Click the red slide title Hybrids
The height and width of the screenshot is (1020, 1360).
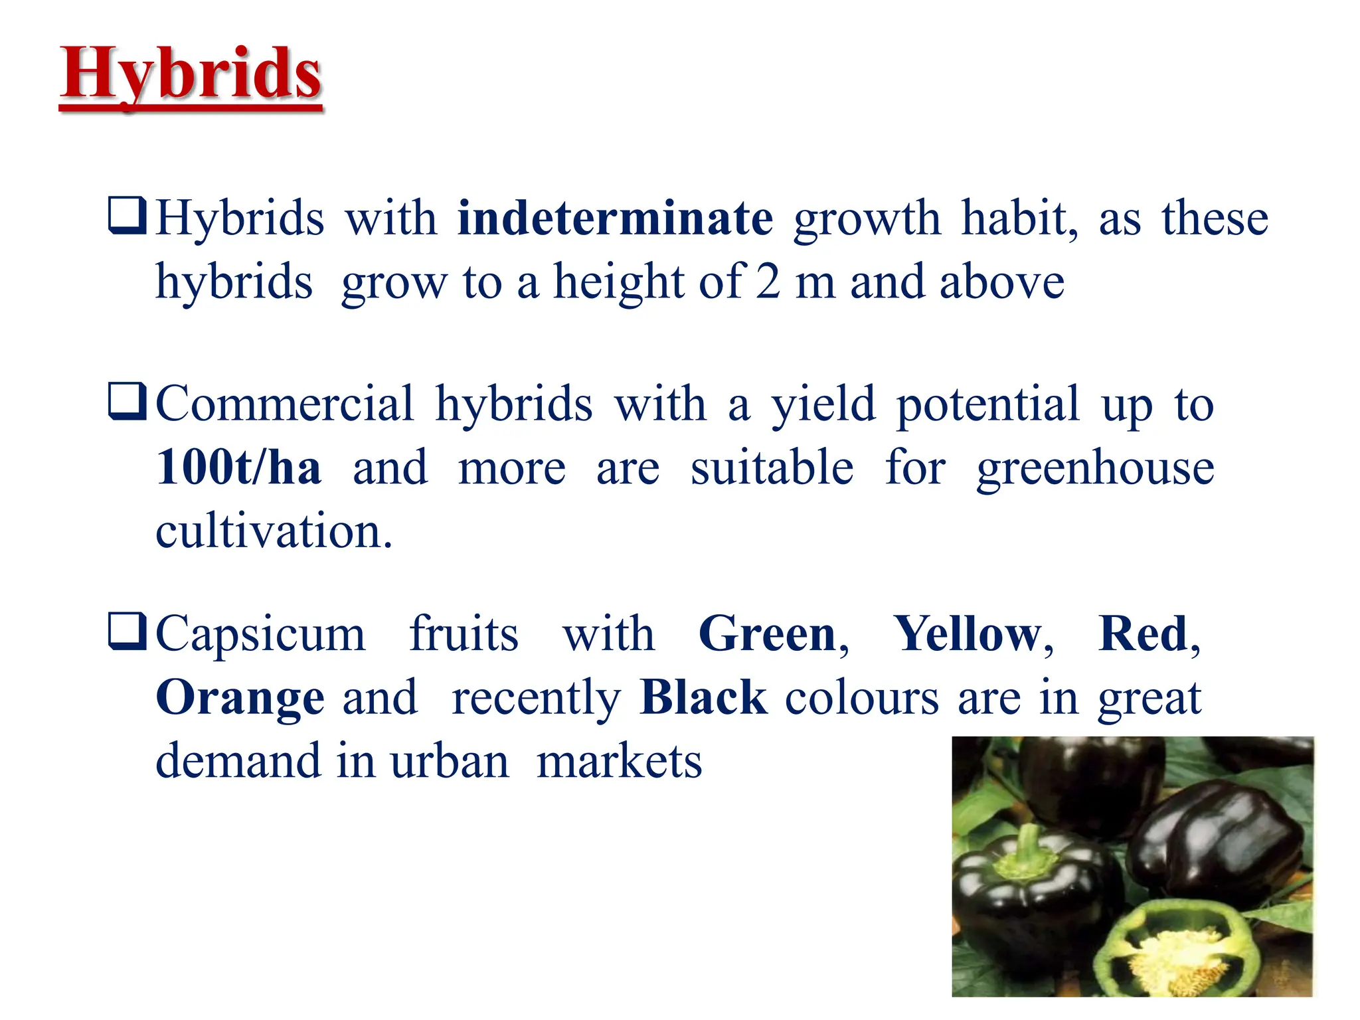[x=191, y=74]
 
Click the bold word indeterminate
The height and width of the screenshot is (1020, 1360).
[x=615, y=218]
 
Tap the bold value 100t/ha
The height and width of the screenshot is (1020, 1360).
[x=238, y=467]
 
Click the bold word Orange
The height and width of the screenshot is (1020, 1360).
[x=240, y=699]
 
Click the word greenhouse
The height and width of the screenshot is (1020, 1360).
[x=1095, y=469]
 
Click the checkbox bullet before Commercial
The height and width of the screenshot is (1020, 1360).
[x=127, y=402]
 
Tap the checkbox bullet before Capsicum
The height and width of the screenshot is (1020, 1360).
[x=127, y=632]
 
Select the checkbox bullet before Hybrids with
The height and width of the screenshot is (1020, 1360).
[x=127, y=216]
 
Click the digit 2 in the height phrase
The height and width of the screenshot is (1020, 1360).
[x=768, y=282]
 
